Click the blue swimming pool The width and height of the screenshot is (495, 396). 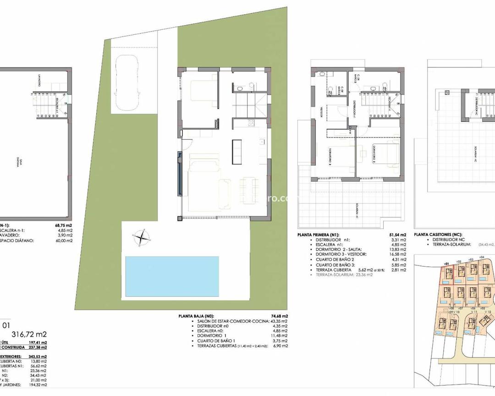click(171, 276)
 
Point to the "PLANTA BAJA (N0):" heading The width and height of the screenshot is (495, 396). click(196, 316)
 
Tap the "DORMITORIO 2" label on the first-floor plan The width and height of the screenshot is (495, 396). click(373, 155)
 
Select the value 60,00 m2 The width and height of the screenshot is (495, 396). click(64, 241)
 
